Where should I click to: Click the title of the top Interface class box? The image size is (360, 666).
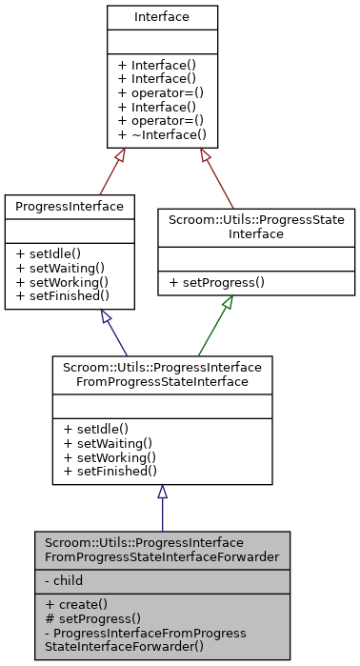click(x=162, y=17)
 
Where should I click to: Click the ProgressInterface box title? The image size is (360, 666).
click(x=70, y=207)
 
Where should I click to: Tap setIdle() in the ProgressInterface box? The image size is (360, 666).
click(x=49, y=254)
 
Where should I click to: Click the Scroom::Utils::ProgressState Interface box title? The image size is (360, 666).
click(x=256, y=226)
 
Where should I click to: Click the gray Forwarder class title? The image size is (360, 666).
click(x=162, y=550)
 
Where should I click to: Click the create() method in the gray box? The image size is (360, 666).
click(x=75, y=605)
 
